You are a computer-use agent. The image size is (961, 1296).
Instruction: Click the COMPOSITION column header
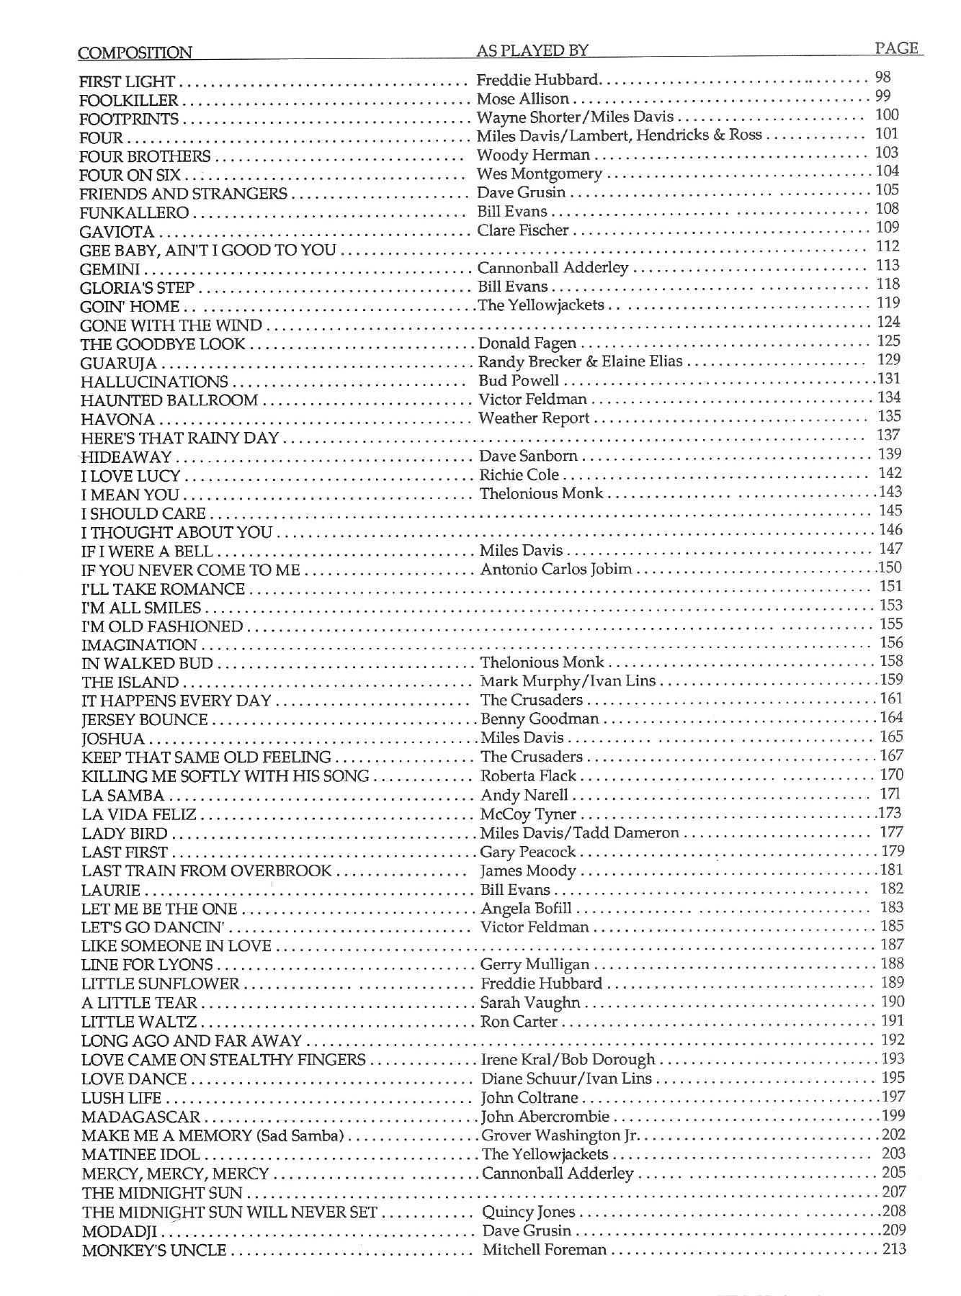[135, 53]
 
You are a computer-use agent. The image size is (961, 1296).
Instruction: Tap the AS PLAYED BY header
[532, 50]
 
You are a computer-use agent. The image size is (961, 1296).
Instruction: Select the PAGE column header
[896, 48]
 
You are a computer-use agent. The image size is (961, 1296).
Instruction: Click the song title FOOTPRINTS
[129, 119]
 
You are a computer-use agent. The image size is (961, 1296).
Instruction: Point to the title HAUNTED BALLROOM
[169, 400]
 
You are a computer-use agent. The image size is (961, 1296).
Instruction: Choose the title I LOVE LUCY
[130, 476]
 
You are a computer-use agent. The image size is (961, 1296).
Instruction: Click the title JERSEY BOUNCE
[145, 720]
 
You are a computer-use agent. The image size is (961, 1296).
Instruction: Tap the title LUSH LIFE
[122, 1098]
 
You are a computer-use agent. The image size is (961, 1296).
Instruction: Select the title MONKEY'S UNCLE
[154, 1251]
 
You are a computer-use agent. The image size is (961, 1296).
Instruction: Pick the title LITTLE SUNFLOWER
[160, 984]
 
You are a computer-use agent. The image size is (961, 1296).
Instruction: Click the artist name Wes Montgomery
[539, 174]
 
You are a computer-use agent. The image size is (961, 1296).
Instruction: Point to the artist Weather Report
[534, 418]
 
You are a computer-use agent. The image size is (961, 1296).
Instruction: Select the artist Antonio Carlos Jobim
[555, 569]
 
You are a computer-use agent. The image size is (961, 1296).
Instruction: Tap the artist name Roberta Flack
[528, 775]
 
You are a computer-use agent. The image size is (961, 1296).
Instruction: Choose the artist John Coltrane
[529, 1098]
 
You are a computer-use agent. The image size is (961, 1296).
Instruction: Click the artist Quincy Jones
[528, 1212]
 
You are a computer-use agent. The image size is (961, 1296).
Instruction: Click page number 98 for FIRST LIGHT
[882, 77]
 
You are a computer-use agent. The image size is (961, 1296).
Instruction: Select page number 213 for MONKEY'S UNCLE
[894, 1249]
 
